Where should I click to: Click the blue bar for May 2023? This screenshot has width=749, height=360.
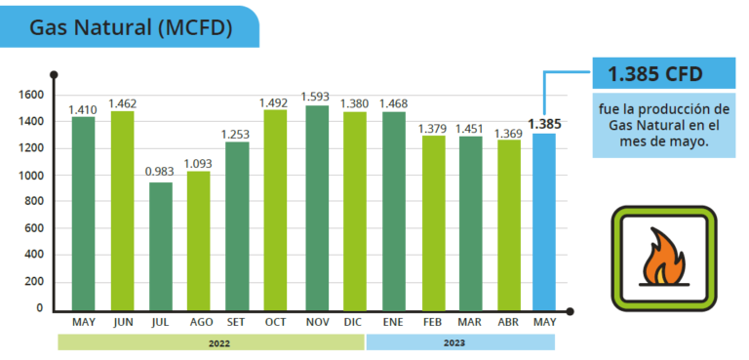coord(544,221)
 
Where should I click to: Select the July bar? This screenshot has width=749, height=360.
coord(161,246)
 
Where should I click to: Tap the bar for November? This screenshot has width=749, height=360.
coord(317,208)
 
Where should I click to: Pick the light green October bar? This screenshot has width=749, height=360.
coord(275,210)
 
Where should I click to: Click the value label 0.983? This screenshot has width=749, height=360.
coord(161,172)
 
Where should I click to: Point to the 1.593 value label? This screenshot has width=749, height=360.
coord(315,97)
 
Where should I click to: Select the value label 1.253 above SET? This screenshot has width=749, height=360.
coord(235,135)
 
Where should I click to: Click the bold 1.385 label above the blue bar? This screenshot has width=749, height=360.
coord(544,124)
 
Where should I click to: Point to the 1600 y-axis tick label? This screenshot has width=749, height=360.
coord(31,96)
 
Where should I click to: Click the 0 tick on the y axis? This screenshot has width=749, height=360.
coord(40,308)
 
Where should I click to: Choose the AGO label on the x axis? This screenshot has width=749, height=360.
coord(201,323)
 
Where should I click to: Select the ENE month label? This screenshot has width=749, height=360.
coord(393,323)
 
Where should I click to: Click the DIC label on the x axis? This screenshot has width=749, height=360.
coord(352,323)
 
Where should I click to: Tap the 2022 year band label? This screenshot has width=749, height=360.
coord(219,343)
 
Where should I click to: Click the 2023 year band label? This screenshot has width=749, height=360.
coord(453,342)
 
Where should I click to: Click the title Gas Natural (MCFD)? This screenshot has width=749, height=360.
coord(131,28)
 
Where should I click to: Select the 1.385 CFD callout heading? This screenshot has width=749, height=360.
coord(655,74)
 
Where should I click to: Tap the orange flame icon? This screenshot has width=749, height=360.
coord(663,257)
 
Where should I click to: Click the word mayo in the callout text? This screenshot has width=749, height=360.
coord(691,141)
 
